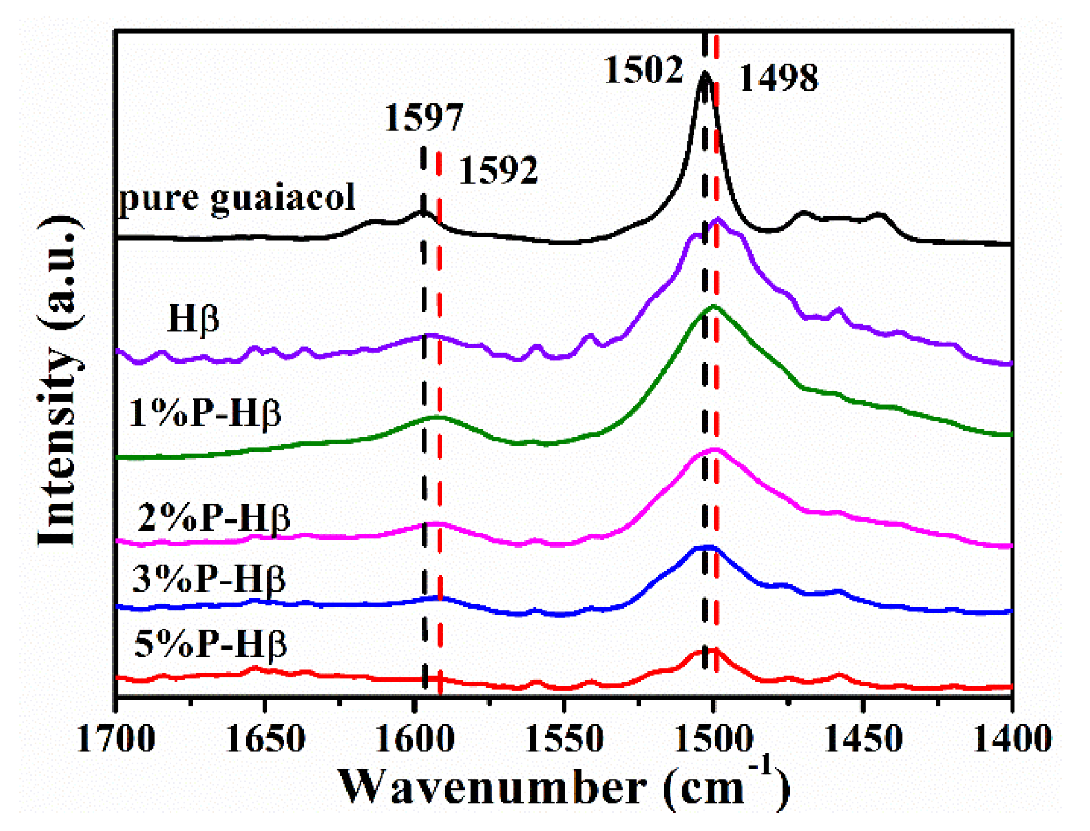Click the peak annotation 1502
pos(643,69)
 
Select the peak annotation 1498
pos(779,78)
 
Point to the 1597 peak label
pos(423,118)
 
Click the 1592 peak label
pos(497,170)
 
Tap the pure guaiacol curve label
pos(237,197)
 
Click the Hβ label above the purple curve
pos(193,319)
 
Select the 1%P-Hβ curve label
pos(205,414)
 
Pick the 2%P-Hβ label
pos(214,517)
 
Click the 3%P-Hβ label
pos(209,579)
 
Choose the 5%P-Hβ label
pos(210,644)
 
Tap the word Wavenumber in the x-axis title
pos(491,787)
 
